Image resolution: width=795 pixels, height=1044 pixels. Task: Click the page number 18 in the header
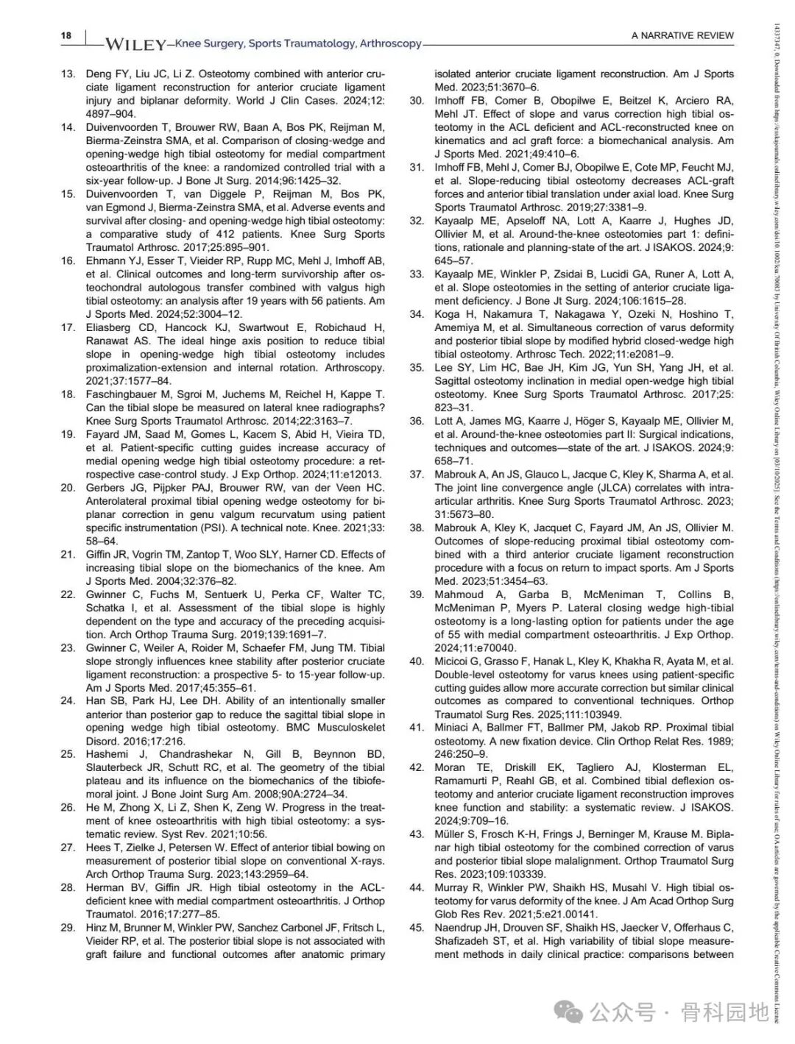pyautogui.click(x=66, y=36)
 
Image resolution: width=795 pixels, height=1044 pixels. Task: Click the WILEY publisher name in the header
pyautogui.click(x=135, y=44)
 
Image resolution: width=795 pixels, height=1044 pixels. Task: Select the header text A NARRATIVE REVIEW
pyautogui.click(x=682, y=35)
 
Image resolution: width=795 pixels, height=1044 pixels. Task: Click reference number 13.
pyautogui.click(x=68, y=74)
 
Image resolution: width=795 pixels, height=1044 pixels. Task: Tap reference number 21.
pyautogui.click(x=68, y=554)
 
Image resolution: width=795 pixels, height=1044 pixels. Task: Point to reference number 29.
pyautogui.click(x=68, y=927)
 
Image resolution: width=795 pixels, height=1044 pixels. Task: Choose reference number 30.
pyautogui.click(x=417, y=100)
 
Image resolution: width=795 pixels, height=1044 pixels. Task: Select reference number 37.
pyautogui.click(x=417, y=474)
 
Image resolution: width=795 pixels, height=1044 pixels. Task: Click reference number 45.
pyautogui.click(x=417, y=927)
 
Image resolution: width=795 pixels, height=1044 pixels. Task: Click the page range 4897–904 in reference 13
pyautogui.click(x=110, y=113)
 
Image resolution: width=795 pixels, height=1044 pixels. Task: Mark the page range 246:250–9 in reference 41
pyautogui.click(x=461, y=753)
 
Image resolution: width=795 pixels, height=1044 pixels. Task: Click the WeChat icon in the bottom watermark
pyautogui.click(x=568, y=1013)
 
